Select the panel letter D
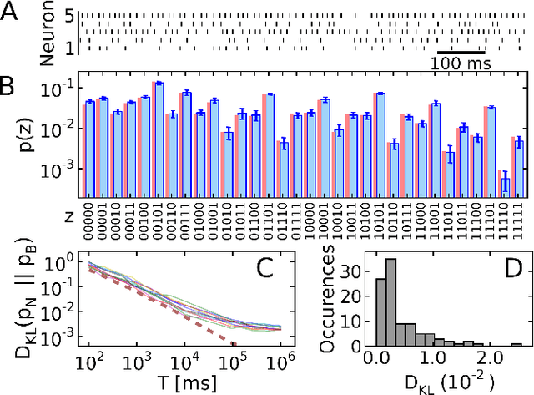(x=508, y=268)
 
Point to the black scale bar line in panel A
(x=461, y=53)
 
